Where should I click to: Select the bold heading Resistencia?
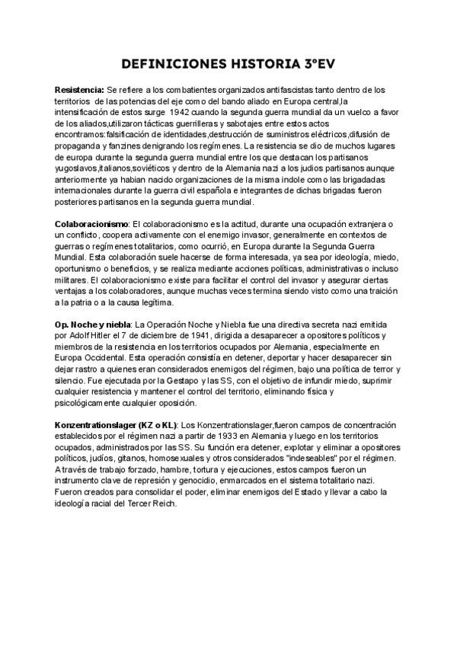coord(80,90)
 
